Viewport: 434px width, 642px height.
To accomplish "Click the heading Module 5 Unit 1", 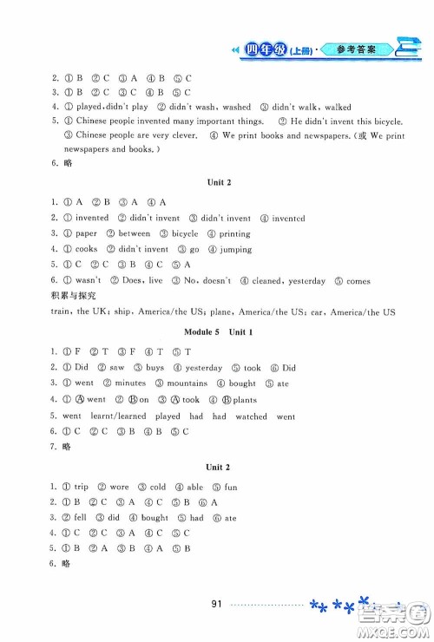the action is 216,332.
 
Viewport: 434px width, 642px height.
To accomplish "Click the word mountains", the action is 187,383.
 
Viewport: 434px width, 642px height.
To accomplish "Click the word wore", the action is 120,487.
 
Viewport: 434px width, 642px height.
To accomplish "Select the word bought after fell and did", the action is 155,518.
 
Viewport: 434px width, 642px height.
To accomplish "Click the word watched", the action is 251,416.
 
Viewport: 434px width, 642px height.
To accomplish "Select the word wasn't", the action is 89,280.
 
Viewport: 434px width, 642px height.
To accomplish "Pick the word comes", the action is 358,280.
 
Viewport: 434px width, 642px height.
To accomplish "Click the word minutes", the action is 132,383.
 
